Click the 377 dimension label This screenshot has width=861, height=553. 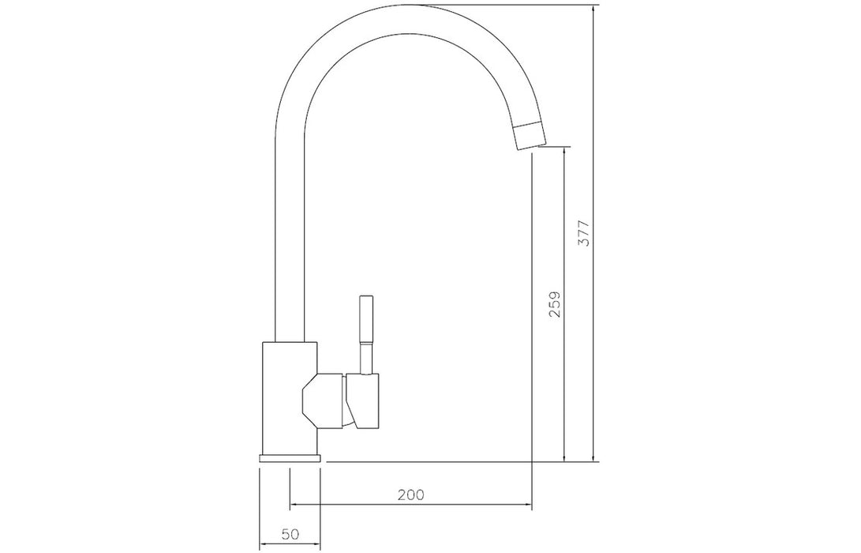point(584,232)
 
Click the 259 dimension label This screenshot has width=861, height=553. point(555,304)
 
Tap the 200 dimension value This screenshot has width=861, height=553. point(410,495)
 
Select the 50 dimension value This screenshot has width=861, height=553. point(290,534)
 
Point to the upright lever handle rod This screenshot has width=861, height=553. point(366,335)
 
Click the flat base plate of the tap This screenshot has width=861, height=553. point(290,458)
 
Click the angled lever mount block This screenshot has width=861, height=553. point(362,401)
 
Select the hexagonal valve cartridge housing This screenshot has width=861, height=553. point(323,401)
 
